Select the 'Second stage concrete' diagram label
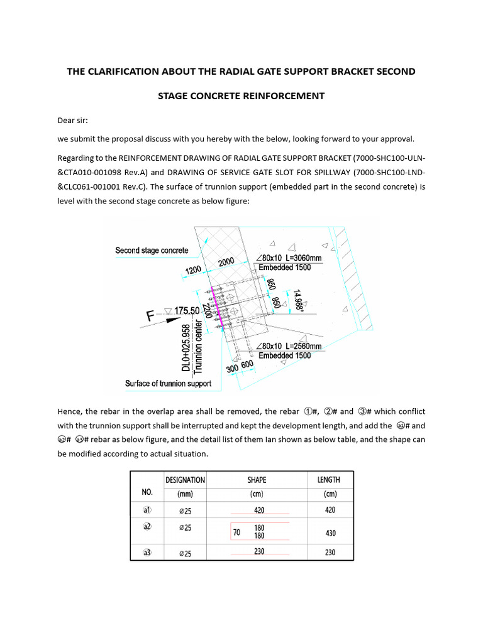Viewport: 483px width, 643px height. [152, 251]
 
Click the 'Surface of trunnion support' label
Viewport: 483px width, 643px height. [168, 383]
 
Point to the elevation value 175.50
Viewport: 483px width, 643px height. [187, 311]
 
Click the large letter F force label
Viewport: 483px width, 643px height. [151, 316]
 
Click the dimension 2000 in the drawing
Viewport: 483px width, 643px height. [227, 262]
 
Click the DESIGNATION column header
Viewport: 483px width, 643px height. [185, 480]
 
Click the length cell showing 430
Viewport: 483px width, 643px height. [330, 533]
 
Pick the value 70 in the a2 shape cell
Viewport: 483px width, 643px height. [236, 532]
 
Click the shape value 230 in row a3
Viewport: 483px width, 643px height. [259, 551]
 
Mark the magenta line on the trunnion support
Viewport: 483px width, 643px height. [216, 307]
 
